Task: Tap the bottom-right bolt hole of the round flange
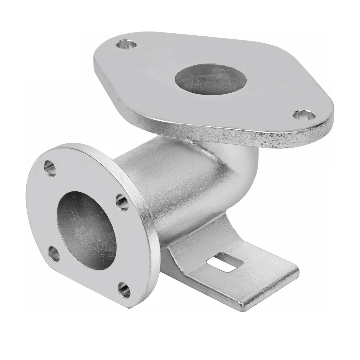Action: pyautogui.click(x=124, y=288)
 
